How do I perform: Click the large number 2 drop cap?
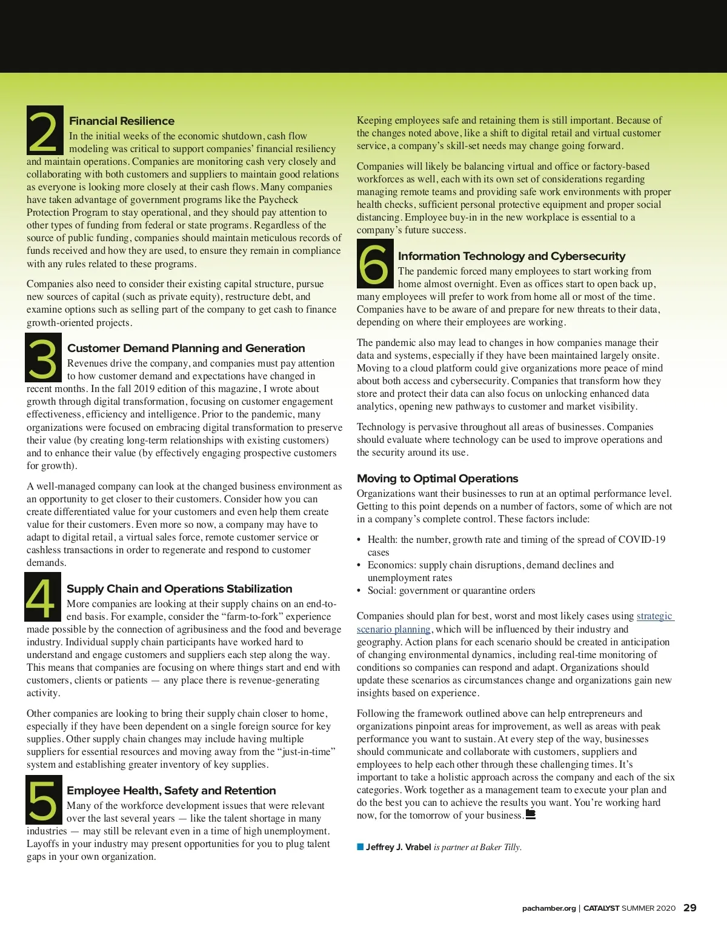[x=44, y=130]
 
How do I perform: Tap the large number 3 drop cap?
[x=43, y=357]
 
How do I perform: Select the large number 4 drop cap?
[x=42, y=597]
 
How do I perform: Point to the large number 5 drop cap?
[x=44, y=800]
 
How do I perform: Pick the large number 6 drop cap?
[x=375, y=264]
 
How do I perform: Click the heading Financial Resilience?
[x=122, y=121]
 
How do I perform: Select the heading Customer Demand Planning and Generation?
[x=186, y=348]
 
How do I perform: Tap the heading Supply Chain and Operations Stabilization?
[x=179, y=589]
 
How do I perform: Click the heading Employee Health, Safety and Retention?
[x=171, y=791]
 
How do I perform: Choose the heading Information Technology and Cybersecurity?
[x=511, y=256]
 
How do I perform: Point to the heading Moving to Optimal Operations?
[x=437, y=479]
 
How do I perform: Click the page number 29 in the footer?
[x=689, y=908]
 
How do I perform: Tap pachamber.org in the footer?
[x=549, y=908]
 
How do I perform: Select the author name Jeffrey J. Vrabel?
[x=398, y=847]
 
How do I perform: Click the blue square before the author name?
[x=360, y=846]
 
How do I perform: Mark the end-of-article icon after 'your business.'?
[x=530, y=814]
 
